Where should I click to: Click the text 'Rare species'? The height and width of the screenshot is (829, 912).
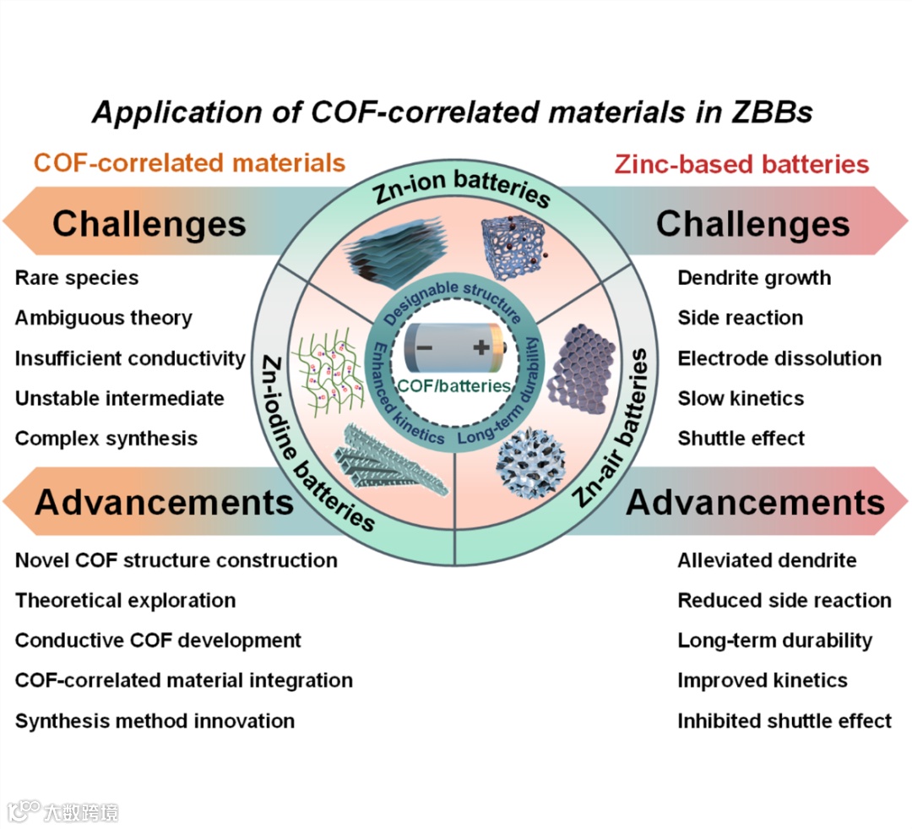[77, 278]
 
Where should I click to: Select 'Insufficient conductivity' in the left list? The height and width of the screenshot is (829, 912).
[130, 358]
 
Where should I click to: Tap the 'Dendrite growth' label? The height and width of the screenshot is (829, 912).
[754, 278]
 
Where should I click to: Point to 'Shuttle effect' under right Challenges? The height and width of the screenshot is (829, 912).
[741, 439]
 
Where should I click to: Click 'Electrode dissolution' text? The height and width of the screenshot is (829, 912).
[779, 358]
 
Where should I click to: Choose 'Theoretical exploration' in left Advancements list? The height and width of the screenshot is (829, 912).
[125, 601]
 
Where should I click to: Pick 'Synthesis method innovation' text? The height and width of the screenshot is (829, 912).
[155, 722]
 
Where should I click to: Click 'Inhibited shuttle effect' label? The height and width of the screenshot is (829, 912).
[784, 722]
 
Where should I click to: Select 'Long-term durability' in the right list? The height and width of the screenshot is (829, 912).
[774, 641]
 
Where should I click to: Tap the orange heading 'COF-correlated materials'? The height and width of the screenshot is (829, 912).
[190, 162]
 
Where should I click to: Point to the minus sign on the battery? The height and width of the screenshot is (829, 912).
[425, 347]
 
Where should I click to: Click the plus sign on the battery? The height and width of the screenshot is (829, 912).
[480, 347]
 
